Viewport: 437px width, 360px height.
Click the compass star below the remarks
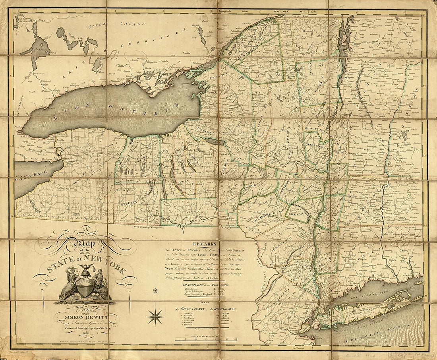[x=155, y=317]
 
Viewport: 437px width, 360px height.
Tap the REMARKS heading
[x=205, y=244]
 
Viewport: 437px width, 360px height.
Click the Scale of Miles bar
[x=205, y=339]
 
